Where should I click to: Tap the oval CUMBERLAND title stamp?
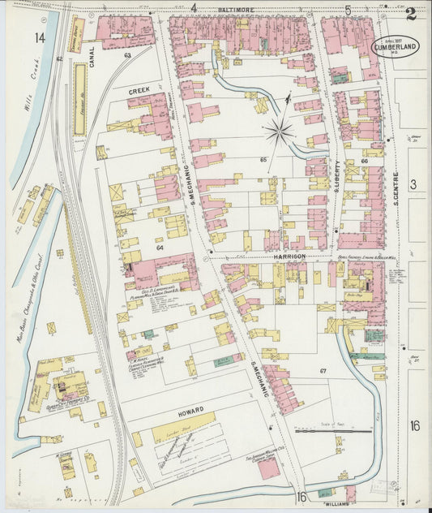(396, 47)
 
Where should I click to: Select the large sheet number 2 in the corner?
(411, 13)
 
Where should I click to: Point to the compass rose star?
(279, 130)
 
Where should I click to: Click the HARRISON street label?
(289, 256)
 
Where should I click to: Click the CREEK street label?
(139, 93)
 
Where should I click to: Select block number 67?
(323, 371)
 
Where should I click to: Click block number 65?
(263, 160)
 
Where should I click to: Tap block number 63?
(127, 55)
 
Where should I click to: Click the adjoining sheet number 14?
(40, 38)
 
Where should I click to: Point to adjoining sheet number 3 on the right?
(413, 185)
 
